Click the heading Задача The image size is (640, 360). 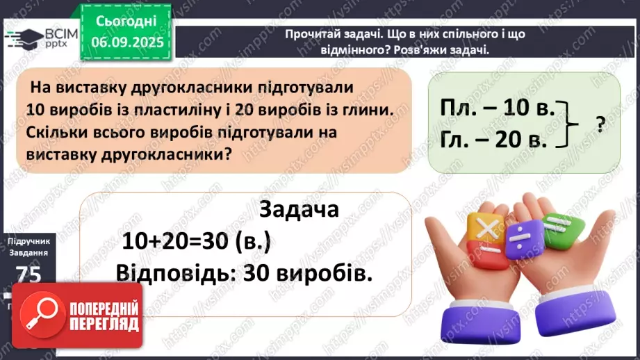coord(298,209)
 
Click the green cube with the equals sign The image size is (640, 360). coord(558,224)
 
